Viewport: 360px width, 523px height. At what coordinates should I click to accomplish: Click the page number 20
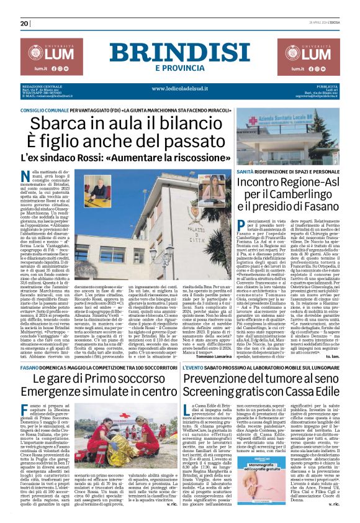[x=25, y=24]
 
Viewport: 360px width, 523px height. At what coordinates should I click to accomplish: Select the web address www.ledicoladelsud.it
[x=179, y=88]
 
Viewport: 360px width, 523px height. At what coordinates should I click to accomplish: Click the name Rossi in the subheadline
[x=109, y=158]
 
